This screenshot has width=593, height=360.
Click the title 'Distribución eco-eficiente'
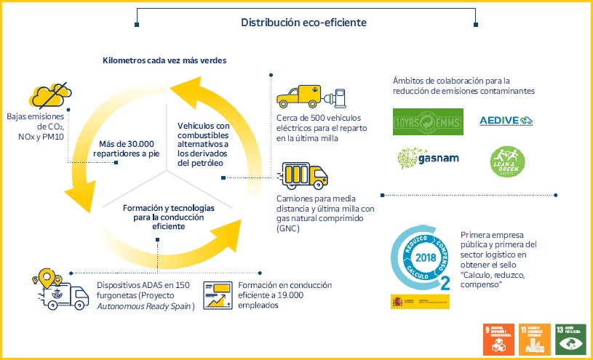click(303, 23)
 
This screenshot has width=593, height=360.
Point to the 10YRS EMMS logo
click(423, 122)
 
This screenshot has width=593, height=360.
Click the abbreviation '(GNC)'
click(288, 228)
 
